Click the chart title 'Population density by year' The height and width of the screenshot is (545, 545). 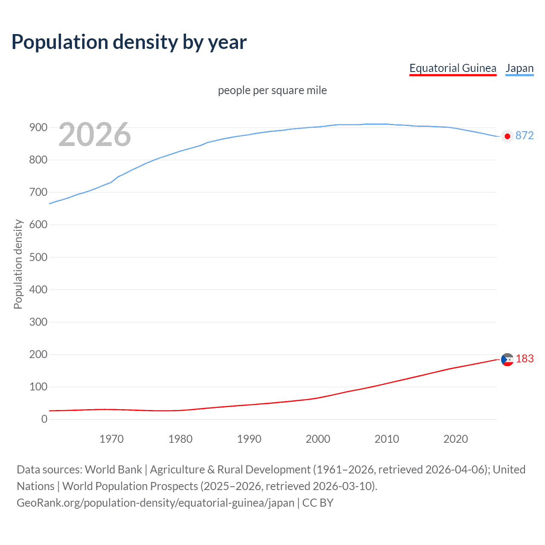(x=129, y=42)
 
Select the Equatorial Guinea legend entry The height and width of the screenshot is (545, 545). (x=453, y=68)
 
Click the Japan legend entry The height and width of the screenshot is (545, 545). (x=519, y=68)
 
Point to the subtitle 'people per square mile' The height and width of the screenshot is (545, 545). (x=272, y=90)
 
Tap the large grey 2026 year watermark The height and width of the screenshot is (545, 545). (x=95, y=135)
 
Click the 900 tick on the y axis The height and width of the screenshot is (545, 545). (x=38, y=127)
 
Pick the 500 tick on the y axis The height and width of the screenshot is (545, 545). (x=38, y=257)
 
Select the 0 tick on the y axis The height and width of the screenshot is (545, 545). (x=44, y=419)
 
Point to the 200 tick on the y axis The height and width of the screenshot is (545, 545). (x=38, y=354)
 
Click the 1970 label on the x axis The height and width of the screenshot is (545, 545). (x=112, y=439)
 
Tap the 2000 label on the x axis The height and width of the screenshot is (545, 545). (x=318, y=439)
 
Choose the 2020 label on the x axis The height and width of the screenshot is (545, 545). (x=456, y=439)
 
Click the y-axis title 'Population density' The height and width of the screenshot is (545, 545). (x=18, y=264)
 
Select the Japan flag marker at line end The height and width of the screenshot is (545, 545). (x=507, y=136)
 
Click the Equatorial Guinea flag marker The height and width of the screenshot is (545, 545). (x=507, y=360)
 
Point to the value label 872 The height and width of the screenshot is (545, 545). (x=524, y=135)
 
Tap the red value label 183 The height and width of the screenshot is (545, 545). (x=525, y=359)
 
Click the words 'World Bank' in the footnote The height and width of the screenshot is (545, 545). (x=113, y=470)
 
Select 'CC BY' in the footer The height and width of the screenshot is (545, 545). (x=318, y=503)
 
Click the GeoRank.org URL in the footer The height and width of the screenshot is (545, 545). (x=155, y=503)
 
